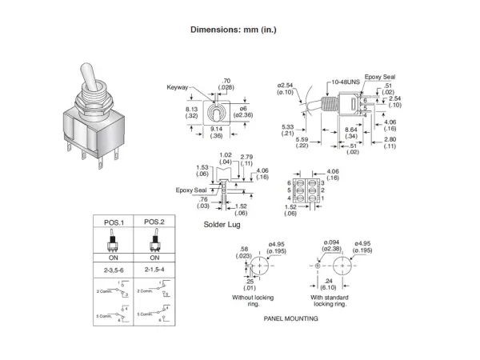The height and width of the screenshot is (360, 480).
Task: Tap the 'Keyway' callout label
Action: (x=177, y=87)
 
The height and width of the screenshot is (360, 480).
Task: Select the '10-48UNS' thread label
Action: (x=342, y=83)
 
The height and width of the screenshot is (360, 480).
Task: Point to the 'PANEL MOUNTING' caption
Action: (x=290, y=318)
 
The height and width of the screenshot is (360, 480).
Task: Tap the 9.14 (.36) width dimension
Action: (x=217, y=132)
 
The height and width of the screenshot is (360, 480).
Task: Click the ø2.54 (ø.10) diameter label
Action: (x=286, y=88)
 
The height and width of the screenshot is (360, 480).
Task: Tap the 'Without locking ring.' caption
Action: (x=248, y=300)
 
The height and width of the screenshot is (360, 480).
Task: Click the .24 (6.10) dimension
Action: (x=327, y=284)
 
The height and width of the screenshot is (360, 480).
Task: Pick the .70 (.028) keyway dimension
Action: (x=226, y=84)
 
